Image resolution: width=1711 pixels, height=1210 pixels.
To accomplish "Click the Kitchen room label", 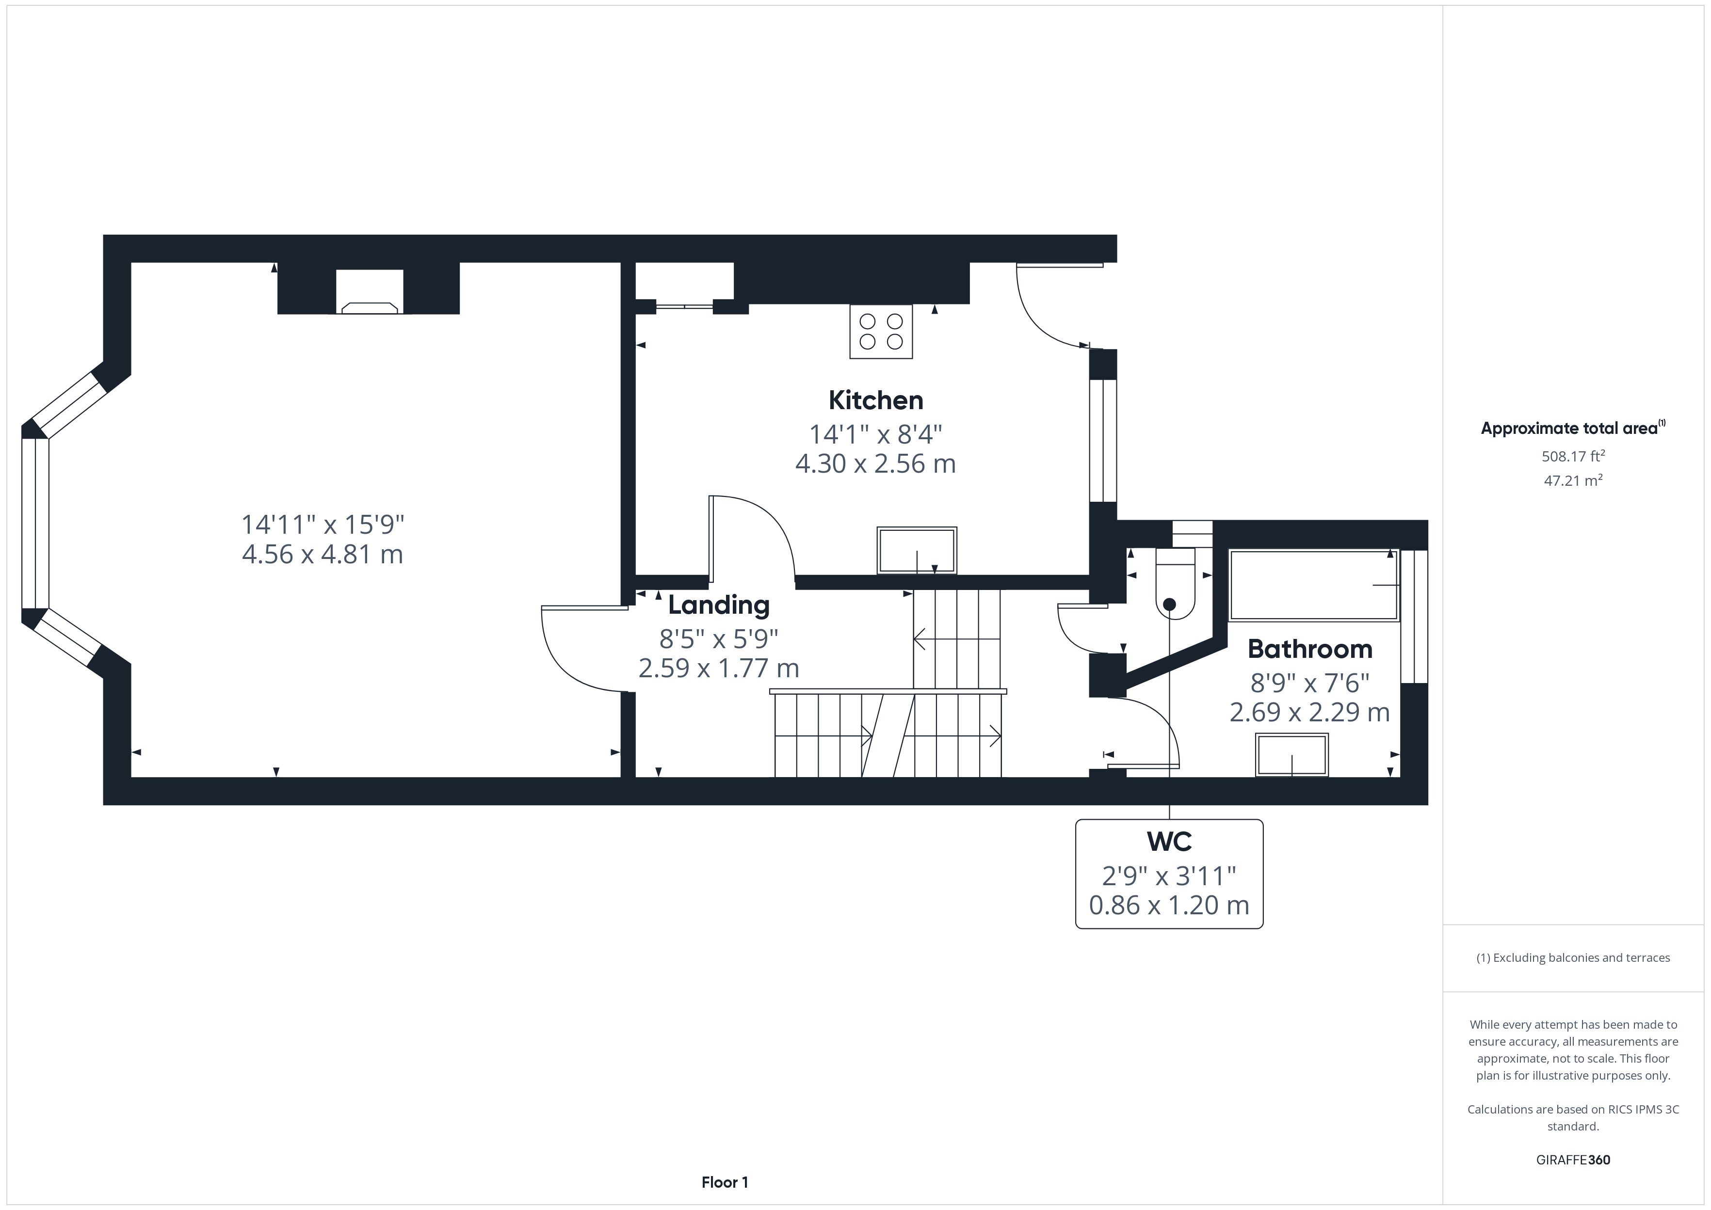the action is point(875,400).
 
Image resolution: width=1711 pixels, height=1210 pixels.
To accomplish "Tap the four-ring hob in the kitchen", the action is point(881,332).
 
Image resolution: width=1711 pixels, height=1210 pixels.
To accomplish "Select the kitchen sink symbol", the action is point(917,551).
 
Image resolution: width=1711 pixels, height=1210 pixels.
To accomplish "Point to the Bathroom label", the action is point(1309,649).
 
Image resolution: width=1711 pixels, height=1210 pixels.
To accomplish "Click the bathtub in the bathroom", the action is point(1313,585).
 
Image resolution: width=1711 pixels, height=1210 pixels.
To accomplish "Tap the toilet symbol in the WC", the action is point(1175,583).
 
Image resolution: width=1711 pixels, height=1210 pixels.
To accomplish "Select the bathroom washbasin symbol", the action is point(1291,755).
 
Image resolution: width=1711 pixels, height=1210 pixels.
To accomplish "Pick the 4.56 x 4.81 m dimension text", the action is point(323,554).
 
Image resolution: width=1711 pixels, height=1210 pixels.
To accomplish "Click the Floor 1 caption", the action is point(725,1182).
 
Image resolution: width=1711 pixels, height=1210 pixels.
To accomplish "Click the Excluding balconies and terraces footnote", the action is point(1573,958).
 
